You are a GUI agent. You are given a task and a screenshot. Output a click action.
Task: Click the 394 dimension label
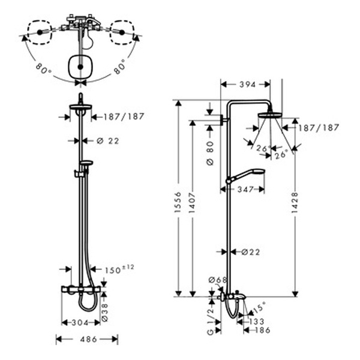[x=247, y=85]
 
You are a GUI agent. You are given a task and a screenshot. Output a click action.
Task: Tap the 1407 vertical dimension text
[x=192, y=203]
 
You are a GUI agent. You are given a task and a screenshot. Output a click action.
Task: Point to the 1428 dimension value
[x=295, y=203]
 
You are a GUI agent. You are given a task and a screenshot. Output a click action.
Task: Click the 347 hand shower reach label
[x=245, y=190]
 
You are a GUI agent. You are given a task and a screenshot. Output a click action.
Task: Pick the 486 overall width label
[x=88, y=339]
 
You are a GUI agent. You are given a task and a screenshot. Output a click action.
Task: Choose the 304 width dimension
[x=80, y=323]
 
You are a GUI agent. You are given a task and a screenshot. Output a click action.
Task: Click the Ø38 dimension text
[x=104, y=312]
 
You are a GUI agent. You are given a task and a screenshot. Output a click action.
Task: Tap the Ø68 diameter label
[x=217, y=280]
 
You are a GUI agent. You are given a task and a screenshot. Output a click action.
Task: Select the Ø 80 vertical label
[x=210, y=153]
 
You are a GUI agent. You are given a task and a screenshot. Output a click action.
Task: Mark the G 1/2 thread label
[x=211, y=321]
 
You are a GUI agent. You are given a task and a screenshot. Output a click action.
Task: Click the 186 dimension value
[x=262, y=330]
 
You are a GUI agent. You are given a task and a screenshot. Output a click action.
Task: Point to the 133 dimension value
[x=256, y=322]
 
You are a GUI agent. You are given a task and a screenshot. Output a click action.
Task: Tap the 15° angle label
[x=259, y=307]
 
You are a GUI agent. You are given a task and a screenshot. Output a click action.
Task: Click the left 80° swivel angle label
[x=43, y=68]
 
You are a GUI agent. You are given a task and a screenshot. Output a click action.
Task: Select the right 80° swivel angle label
[x=119, y=67]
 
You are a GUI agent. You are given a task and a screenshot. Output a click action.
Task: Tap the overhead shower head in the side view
[x=270, y=115]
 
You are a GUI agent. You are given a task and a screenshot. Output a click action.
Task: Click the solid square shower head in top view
[x=80, y=67]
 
